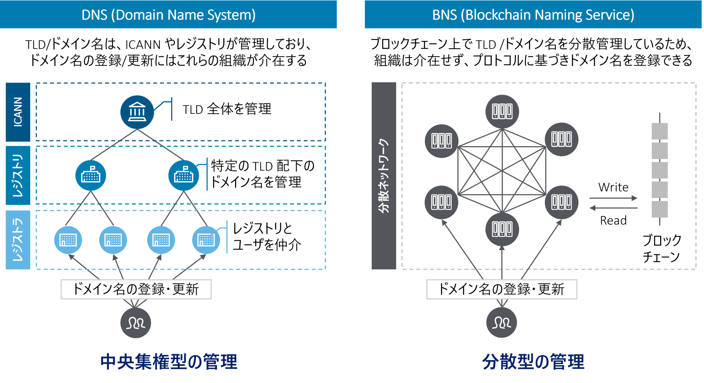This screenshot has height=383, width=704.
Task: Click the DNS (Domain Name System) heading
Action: coord(168,15)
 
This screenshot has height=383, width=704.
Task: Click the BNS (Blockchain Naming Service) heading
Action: coord(533,15)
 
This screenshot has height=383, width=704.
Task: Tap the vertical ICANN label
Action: coord(18,112)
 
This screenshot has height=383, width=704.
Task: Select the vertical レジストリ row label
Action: coord(18,175)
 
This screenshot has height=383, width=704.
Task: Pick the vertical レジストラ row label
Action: coord(18,239)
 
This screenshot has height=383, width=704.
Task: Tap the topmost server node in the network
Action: coord(502,112)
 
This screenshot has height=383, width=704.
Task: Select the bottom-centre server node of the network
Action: coord(502,229)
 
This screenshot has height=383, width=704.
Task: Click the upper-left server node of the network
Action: coord(441,141)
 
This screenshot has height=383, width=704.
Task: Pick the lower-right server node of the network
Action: coord(561,202)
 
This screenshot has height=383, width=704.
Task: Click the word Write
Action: coord(613,187)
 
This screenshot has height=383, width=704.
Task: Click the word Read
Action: coord(613,220)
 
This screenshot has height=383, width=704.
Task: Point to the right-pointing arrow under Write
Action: coord(613,198)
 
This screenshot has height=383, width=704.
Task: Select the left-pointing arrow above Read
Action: coord(613,208)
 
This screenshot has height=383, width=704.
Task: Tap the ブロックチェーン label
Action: coord(662,248)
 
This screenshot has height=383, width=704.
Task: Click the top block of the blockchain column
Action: coord(660,131)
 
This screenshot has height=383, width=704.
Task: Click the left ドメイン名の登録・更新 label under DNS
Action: coord(136,289)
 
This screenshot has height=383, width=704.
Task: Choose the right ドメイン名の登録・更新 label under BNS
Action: coord(502,289)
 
